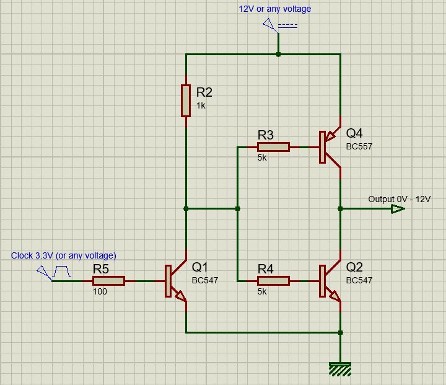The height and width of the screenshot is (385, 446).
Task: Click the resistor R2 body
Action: click(186, 100)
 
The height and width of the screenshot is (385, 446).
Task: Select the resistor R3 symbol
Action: click(273, 147)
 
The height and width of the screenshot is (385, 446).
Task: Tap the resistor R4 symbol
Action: click(273, 281)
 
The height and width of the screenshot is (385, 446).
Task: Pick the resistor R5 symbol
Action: click(108, 281)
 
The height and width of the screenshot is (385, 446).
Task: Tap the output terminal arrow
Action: click(397, 209)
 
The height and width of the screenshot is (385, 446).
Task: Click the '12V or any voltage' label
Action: click(275, 9)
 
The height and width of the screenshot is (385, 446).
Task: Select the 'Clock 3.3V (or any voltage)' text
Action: click(63, 255)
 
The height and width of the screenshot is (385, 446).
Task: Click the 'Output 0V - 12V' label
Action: click(399, 199)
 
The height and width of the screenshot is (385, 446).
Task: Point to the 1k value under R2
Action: click(201, 106)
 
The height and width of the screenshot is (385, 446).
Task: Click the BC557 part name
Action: click(359, 146)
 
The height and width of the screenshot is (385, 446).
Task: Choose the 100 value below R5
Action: click(100, 291)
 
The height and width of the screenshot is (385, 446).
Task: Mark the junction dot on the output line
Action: click(340, 209)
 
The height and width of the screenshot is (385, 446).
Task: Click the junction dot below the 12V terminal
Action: click(279, 55)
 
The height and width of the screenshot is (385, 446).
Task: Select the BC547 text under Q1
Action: click(205, 280)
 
